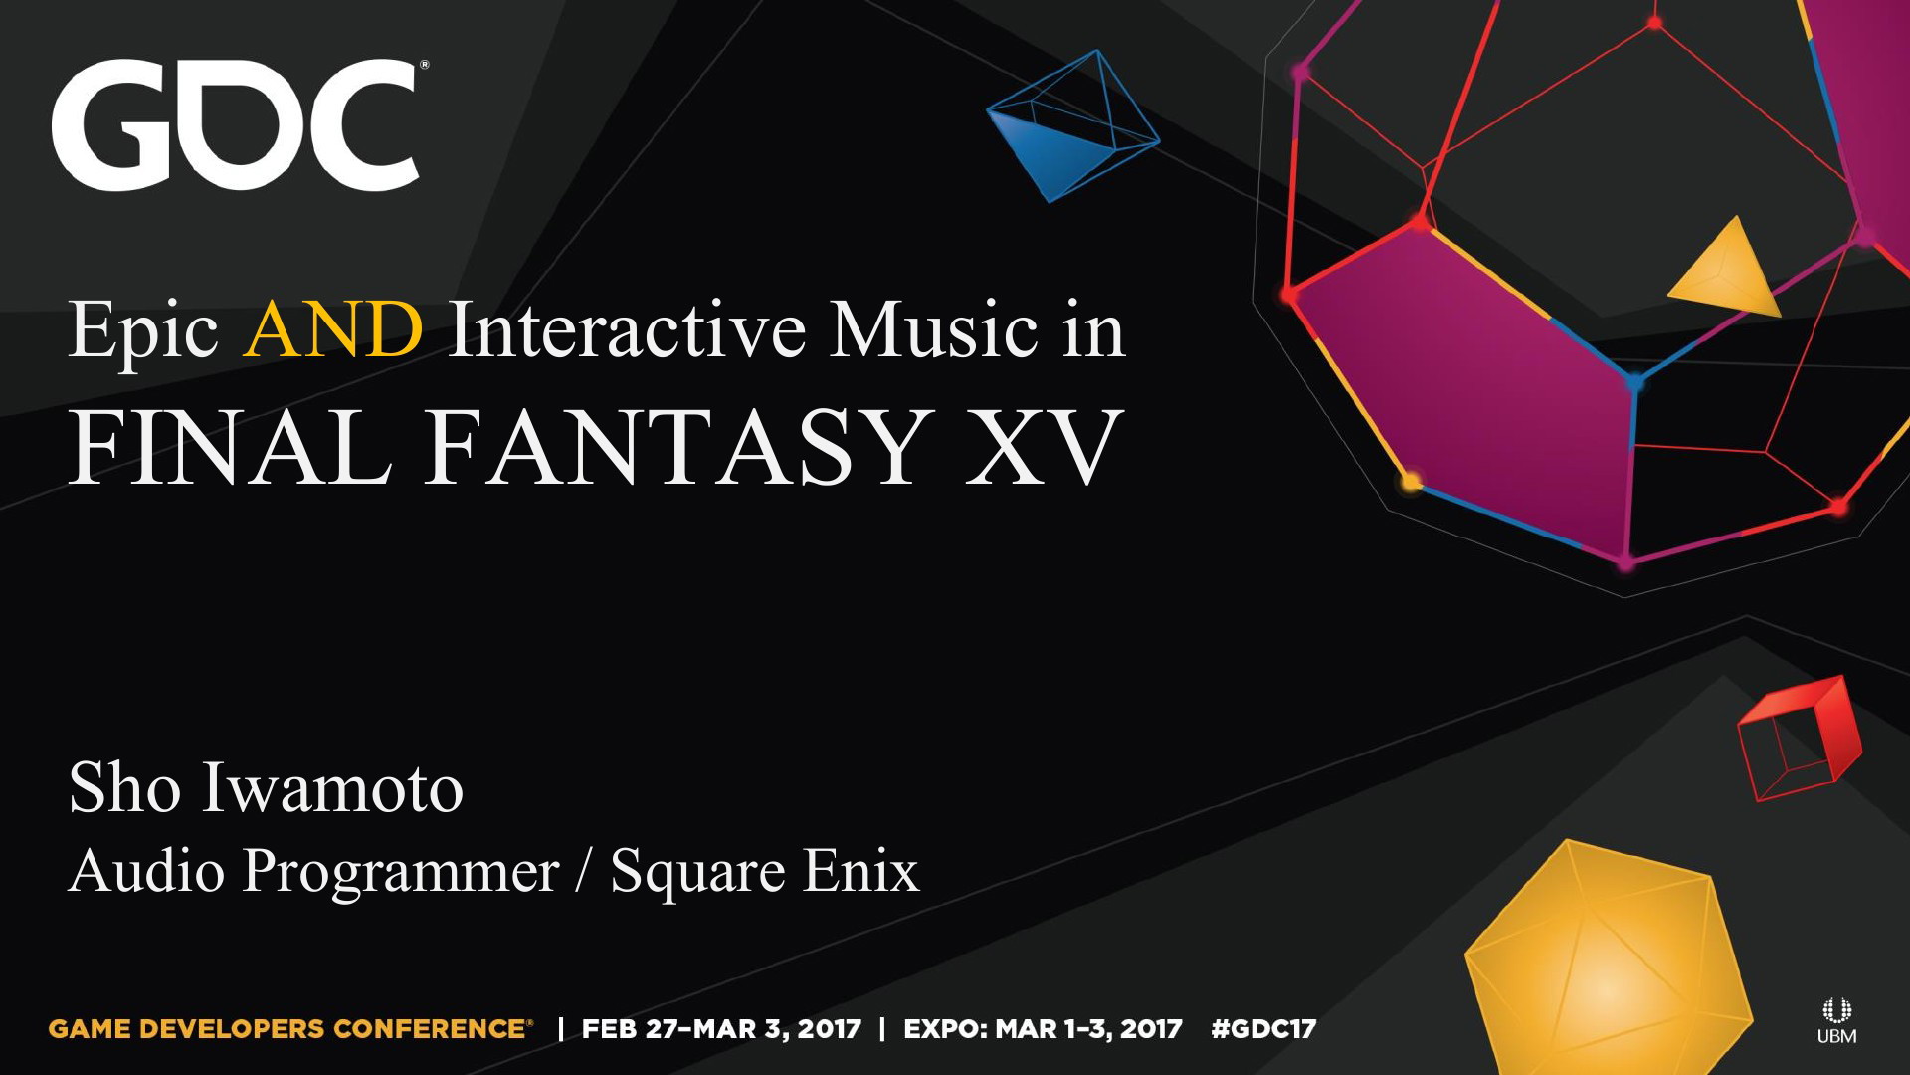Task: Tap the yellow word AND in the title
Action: coord(333,329)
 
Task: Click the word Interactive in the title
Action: coord(627,329)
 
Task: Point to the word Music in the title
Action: coord(934,329)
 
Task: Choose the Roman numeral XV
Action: coord(1044,448)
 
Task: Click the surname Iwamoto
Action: coord(333,788)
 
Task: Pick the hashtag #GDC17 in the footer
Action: coord(1263,1029)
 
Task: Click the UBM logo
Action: coord(1836,1021)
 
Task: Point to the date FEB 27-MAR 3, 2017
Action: coord(721,1029)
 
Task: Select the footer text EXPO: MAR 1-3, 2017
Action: coord(1043,1029)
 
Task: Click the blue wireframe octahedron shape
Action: coord(1073,125)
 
